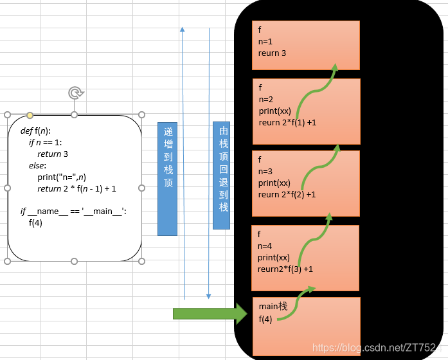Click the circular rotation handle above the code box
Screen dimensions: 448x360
click(76, 93)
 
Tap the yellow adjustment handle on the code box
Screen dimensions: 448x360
click(30, 115)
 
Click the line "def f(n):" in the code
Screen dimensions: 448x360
click(35, 131)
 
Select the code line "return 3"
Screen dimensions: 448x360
click(53, 154)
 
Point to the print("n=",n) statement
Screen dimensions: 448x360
click(62, 177)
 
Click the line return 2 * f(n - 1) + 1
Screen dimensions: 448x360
click(76, 188)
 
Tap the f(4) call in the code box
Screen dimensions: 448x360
click(35, 222)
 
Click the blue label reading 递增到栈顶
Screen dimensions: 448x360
click(167, 179)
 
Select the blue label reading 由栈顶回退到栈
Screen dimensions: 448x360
click(221, 175)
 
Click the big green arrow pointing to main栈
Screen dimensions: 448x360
click(210, 314)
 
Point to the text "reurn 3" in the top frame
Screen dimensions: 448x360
click(272, 53)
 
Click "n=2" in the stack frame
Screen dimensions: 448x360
click(266, 100)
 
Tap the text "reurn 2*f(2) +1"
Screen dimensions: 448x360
click(287, 195)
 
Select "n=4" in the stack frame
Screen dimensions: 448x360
click(265, 246)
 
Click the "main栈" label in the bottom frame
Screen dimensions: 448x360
click(273, 306)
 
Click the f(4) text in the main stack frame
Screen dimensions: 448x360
click(265, 319)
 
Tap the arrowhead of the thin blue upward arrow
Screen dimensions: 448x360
click(183, 30)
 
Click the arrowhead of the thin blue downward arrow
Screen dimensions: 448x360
click(208, 296)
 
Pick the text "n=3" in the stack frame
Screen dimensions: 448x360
click(265, 172)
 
